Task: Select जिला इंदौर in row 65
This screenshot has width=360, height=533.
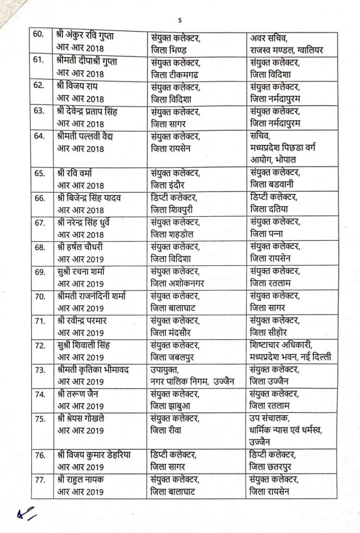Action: coord(168,185)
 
